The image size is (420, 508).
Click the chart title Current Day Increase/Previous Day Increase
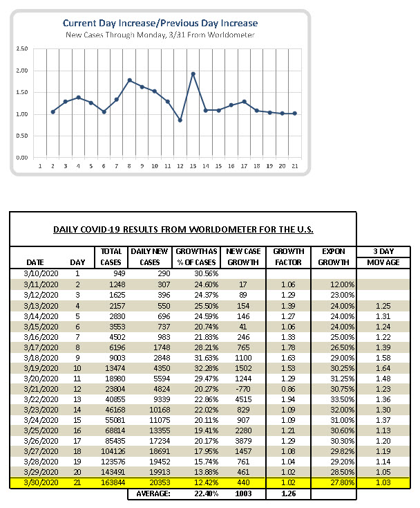point(160,24)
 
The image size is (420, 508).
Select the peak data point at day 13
point(193,74)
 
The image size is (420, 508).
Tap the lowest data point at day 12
point(180,120)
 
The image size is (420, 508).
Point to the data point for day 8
point(129,80)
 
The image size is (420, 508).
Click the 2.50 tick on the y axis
point(22,48)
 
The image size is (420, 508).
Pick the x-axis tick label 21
point(295,166)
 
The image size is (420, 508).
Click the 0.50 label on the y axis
point(22,136)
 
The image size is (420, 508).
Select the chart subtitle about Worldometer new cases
point(160,35)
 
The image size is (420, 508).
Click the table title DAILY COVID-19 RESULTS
point(183,230)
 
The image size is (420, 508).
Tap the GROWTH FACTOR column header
point(289,257)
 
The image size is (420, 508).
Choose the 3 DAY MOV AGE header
point(383,257)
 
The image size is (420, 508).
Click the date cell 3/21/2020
point(41,389)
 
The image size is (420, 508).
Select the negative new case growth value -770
point(243,389)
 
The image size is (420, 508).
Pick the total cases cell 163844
point(113,482)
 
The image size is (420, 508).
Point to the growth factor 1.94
point(288,399)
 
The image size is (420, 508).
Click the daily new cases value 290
point(164,273)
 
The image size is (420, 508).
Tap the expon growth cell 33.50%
point(342,399)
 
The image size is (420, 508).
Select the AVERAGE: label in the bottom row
point(153,493)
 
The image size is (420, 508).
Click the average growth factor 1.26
point(289,493)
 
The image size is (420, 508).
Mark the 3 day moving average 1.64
point(383,368)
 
